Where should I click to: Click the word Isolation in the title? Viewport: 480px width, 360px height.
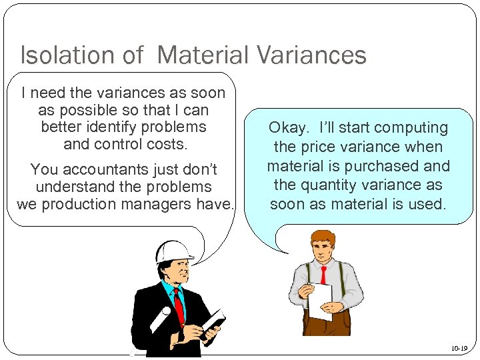63,55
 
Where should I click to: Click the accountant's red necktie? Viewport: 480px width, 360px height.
323,275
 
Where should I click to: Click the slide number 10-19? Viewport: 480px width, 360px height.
459,348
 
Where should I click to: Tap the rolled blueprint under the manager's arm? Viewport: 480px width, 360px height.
160,321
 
